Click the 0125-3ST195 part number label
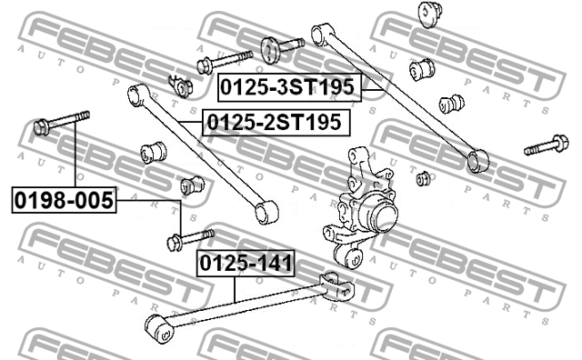[289, 88]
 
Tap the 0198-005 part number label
[65, 200]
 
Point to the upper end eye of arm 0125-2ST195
[136, 93]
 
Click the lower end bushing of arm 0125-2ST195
[264, 214]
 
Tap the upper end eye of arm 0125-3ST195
[319, 33]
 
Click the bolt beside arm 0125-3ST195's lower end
[544, 145]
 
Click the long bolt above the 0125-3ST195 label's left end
[222, 61]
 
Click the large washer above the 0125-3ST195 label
[271, 47]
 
